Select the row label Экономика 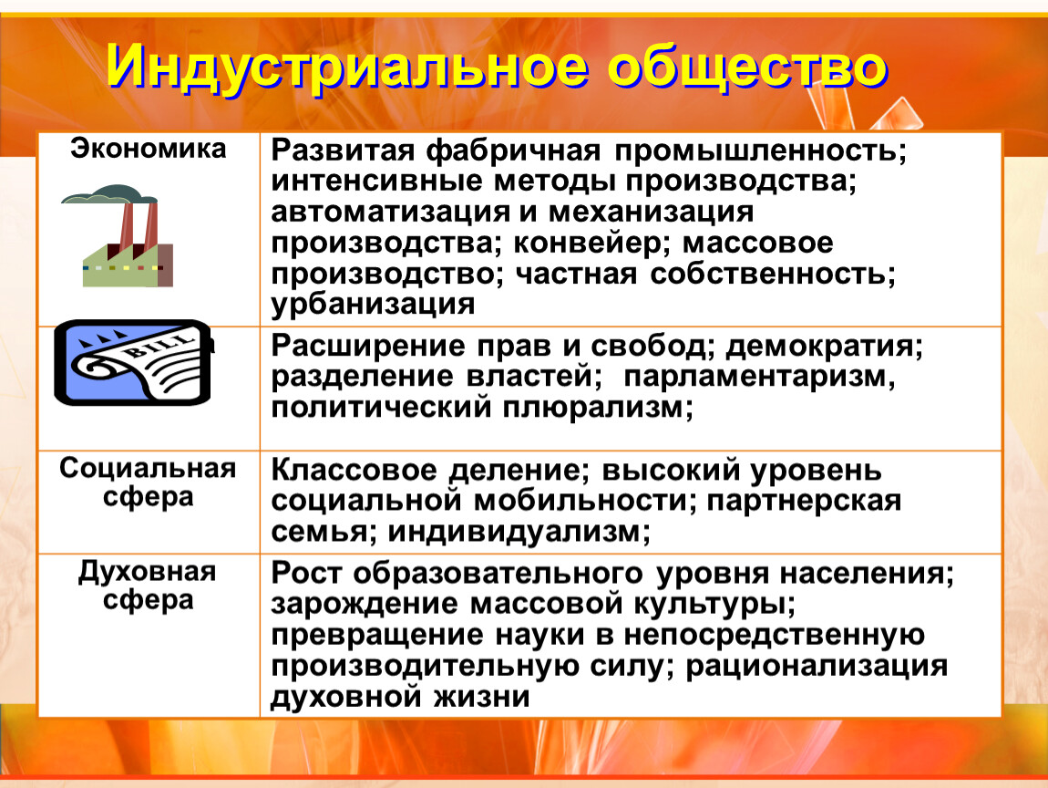tap(149, 149)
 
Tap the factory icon tap(118, 236)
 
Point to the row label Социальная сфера tap(148, 482)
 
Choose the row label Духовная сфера tap(148, 586)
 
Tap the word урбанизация tap(373, 305)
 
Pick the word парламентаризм tap(758, 378)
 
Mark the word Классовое tap(354, 471)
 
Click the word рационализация tap(817, 667)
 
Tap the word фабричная tap(513, 151)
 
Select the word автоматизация tap(390, 213)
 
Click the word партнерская tap(804, 502)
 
